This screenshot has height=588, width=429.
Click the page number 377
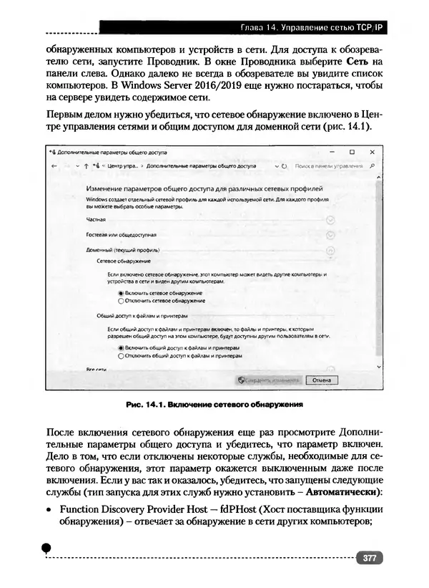pyautogui.click(x=370, y=558)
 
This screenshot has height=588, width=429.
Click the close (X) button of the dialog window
pyautogui.click(x=373, y=152)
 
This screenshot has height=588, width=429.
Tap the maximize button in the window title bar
pyautogui.click(x=352, y=152)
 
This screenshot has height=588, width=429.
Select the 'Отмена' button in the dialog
pyautogui.click(x=321, y=380)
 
